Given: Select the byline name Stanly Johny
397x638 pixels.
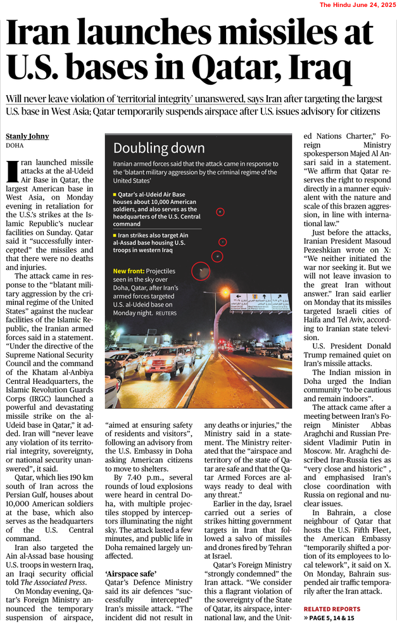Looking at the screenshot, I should click(27, 136).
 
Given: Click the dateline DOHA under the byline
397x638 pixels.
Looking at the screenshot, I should click(15, 146).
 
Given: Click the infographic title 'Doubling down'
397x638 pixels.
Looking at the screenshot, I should click(159, 148).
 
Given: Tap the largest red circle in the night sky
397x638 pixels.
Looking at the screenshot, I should click(201, 271).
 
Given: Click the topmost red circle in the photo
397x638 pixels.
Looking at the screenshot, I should click(220, 212).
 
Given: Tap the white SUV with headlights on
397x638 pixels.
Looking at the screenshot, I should click(164, 362).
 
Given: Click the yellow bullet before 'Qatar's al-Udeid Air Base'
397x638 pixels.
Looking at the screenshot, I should click(115, 194).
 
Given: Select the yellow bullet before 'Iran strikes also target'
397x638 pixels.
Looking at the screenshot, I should click(115, 234).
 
